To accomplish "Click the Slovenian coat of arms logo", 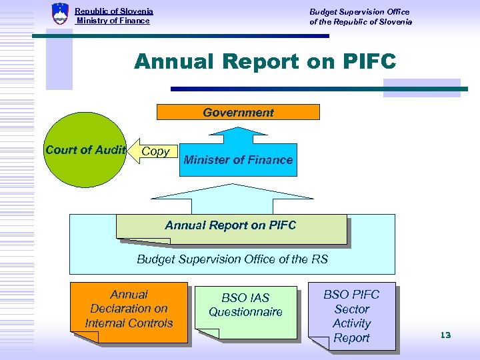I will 60,14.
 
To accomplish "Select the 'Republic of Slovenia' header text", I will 114,11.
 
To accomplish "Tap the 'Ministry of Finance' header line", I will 113,21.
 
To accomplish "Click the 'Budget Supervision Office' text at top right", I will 359,11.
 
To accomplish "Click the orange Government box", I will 238,112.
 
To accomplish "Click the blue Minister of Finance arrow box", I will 238,160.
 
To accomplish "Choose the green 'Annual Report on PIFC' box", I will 231,227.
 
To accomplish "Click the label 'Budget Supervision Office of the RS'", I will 232,259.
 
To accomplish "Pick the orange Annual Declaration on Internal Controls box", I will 129,310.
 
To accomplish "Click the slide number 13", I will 445,335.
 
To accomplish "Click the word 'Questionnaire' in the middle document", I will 245,312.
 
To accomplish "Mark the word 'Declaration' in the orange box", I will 129,309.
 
